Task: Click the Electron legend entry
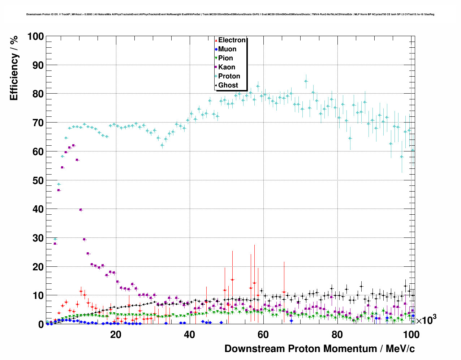(x=232, y=40)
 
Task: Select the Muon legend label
(x=227, y=49)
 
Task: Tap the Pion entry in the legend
(x=225, y=58)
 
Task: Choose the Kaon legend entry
(x=227, y=67)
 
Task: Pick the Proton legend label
(x=229, y=76)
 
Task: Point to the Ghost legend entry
(x=228, y=85)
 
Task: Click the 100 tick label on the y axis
(x=35, y=37)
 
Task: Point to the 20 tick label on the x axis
(x=116, y=335)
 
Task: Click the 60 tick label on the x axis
(x=263, y=335)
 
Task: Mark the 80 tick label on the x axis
(x=337, y=335)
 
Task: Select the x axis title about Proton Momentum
(x=319, y=349)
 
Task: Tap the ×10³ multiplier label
(x=426, y=320)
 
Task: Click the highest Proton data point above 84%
(x=306, y=81)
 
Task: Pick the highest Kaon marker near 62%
(x=73, y=145)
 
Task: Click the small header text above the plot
(x=230, y=14)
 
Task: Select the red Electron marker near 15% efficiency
(x=232, y=279)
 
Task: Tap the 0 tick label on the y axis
(x=41, y=324)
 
